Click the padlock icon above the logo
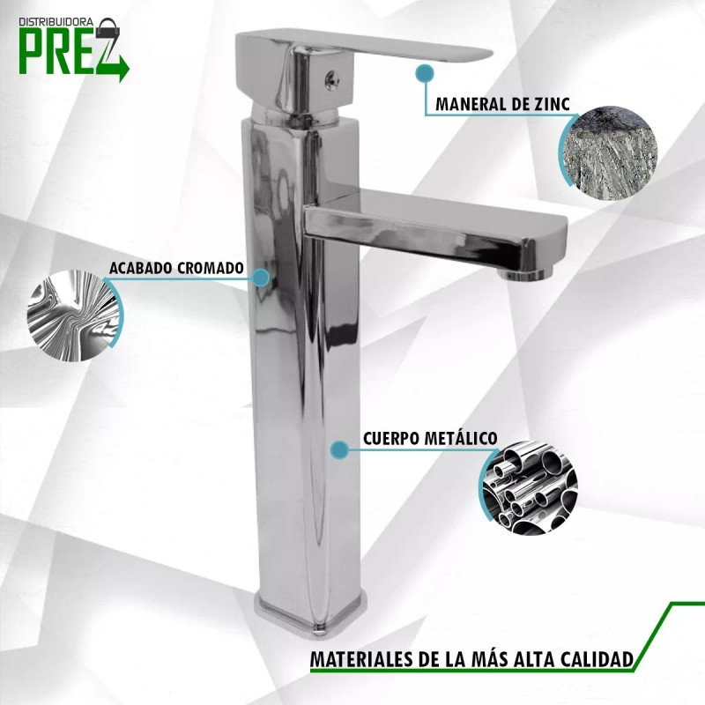point(108,24)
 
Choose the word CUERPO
point(391,438)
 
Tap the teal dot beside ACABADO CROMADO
point(260,277)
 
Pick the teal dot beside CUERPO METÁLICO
point(338,450)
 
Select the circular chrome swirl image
point(74,314)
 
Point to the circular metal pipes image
point(529,487)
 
